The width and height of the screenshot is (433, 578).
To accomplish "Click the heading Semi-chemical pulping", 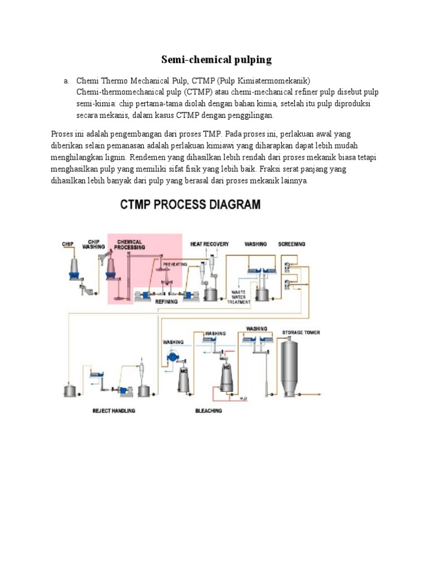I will click(x=216, y=59).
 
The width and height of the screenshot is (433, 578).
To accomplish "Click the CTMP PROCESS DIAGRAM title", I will click(x=191, y=204).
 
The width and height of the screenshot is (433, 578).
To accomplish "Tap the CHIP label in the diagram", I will click(x=68, y=244).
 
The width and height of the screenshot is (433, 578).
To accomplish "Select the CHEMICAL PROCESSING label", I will click(x=130, y=244).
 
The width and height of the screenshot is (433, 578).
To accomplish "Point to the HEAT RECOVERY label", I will click(x=210, y=244).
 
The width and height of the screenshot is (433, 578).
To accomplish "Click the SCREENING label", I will click(x=291, y=244).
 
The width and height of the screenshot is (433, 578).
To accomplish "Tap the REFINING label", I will click(x=166, y=301).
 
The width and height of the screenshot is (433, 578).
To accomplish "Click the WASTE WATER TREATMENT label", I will click(x=238, y=296).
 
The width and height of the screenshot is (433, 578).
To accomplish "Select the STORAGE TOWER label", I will click(x=301, y=332).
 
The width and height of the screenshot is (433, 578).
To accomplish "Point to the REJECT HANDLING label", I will click(x=114, y=410).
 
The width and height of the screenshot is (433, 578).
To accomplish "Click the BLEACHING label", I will click(x=209, y=410).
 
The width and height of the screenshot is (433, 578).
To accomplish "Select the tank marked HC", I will click(x=227, y=373).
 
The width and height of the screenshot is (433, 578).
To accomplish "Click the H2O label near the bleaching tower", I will click(x=244, y=399).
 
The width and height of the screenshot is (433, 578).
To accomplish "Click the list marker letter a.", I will click(x=65, y=81).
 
